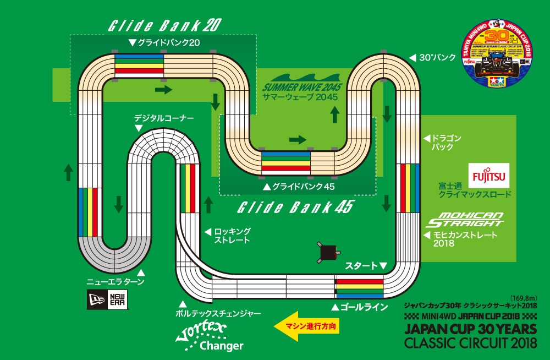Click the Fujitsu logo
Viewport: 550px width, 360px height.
coord(489,175)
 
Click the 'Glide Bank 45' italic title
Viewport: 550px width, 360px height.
coord(294,208)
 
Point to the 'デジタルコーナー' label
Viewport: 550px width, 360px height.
coord(164,118)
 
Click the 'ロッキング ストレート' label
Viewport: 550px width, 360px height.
coord(232,236)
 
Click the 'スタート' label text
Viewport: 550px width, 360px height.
coord(362,266)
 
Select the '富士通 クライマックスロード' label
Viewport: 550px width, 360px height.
coord(475,190)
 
